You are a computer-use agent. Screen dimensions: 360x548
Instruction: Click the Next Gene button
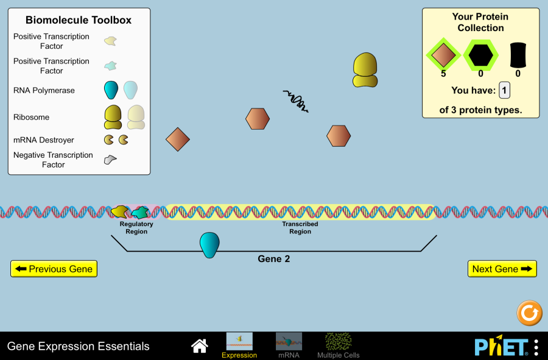(x=502, y=269)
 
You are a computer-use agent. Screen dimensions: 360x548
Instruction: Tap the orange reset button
(x=529, y=313)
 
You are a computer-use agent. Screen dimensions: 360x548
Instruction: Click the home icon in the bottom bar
(x=200, y=346)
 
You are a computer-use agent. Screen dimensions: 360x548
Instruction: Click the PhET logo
(x=501, y=347)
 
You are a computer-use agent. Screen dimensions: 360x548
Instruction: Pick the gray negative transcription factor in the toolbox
(x=110, y=160)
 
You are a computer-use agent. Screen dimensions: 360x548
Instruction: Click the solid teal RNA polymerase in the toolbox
(x=111, y=90)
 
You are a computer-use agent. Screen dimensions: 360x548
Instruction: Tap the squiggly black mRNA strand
(x=297, y=101)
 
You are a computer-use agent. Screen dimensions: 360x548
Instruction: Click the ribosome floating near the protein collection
(x=365, y=69)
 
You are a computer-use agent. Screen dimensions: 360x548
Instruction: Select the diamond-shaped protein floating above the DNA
(x=178, y=139)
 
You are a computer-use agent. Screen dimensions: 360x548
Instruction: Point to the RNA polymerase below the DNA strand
(x=209, y=244)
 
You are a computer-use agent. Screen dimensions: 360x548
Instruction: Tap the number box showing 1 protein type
(x=504, y=90)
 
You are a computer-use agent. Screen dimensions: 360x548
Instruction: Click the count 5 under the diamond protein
(x=443, y=74)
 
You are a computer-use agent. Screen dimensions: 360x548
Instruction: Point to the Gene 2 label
(x=274, y=259)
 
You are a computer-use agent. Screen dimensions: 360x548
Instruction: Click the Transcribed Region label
(x=300, y=228)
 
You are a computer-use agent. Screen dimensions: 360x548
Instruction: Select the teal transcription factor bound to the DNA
(x=140, y=213)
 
